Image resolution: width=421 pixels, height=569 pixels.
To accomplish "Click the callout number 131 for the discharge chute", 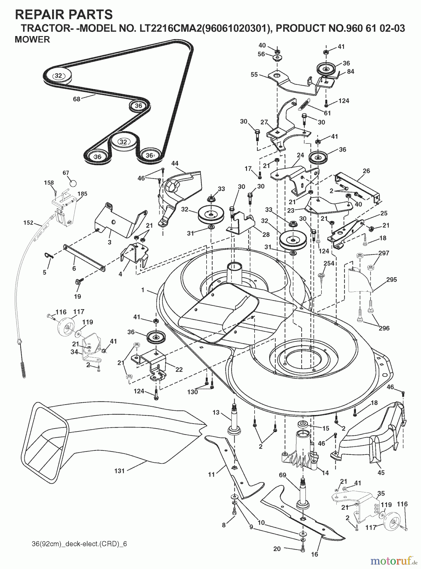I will click(x=119, y=471).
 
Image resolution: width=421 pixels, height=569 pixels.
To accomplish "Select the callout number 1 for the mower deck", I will click(x=143, y=290).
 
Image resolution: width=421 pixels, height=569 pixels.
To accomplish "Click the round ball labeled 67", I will click(x=73, y=183).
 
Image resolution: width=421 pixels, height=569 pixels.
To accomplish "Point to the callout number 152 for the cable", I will click(x=28, y=223).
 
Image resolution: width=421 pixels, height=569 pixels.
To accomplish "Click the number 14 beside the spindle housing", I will click(x=325, y=473).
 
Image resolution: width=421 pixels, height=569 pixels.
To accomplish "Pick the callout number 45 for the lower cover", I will click(x=381, y=473).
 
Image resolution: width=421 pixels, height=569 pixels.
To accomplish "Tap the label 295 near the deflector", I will click(x=391, y=280).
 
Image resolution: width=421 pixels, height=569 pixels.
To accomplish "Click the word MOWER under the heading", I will click(x=32, y=40).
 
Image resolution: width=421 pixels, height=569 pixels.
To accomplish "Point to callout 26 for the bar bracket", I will click(x=366, y=171).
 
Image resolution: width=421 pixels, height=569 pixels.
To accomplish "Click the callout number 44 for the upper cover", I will click(x=175, y=163).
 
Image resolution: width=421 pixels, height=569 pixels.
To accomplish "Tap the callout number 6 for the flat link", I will click(x=74, y=268).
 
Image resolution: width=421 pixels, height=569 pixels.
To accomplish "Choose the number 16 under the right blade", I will click(x=315, y=554).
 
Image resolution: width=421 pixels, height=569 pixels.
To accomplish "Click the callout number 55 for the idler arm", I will click(x=254, y=75).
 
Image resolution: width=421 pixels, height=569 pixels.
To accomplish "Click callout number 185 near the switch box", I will click(x=82, y=194).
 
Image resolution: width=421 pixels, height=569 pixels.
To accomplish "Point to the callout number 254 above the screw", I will click(x=329, y=263).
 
